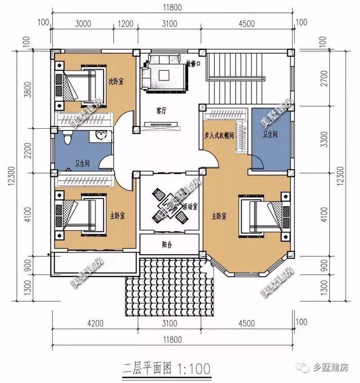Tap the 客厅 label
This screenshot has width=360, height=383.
[161, 111]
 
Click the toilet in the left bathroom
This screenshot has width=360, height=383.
[66, 137]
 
